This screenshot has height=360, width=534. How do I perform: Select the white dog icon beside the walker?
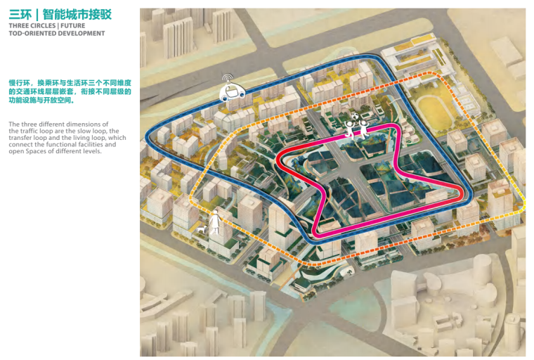click(202, 230)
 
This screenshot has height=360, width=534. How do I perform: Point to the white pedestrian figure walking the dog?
click(215, 221)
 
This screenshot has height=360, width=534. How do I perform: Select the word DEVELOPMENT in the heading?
click(82, 33)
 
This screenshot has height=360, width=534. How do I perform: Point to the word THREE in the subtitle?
click(18, 26)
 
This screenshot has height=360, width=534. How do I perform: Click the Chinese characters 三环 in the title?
click(20, 14)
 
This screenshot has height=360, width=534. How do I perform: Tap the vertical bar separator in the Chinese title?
click(35, 14)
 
